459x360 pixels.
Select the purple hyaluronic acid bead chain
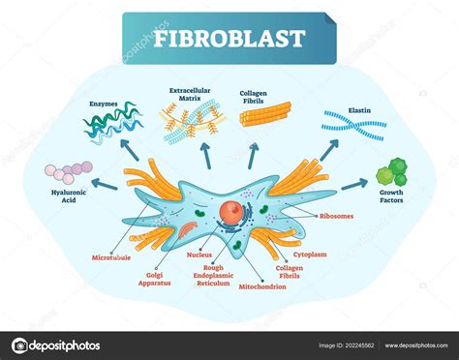pos(69,172)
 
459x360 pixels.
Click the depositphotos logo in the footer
pos(56,345)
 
